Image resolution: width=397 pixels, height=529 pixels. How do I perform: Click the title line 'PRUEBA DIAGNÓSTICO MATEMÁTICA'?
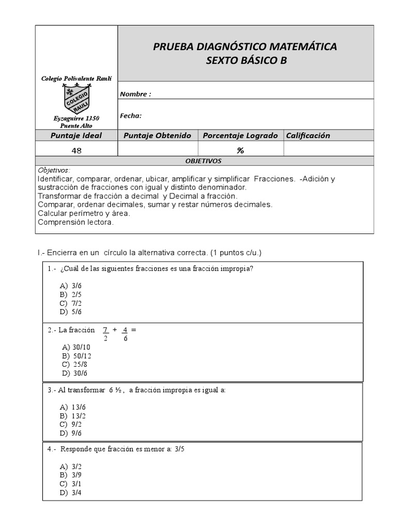(245, 46)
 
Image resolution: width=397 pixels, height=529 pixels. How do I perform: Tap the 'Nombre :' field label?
(135, 94)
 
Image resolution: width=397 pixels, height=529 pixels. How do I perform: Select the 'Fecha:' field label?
(131, 116)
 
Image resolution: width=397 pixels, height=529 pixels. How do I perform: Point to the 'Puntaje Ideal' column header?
(76, 135)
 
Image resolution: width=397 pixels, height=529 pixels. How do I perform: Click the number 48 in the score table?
(77, 150)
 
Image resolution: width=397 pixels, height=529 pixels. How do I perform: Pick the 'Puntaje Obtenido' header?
(157, 135)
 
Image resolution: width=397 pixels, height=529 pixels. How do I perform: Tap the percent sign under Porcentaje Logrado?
(240, 150)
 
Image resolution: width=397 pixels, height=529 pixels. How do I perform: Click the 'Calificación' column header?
(308, 135)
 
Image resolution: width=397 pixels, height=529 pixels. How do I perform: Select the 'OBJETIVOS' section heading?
(204, 161)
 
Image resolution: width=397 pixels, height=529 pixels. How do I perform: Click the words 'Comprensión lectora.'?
(75, 222)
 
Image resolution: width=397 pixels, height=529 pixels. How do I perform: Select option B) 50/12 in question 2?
(77, 355)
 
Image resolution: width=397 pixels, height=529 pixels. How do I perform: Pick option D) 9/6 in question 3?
(71, 433)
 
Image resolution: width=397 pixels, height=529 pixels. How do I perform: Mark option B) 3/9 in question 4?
(71, 475)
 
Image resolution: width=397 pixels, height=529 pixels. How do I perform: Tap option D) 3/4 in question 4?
(71, 492)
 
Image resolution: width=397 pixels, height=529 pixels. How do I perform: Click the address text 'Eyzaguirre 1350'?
(77, 118)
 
